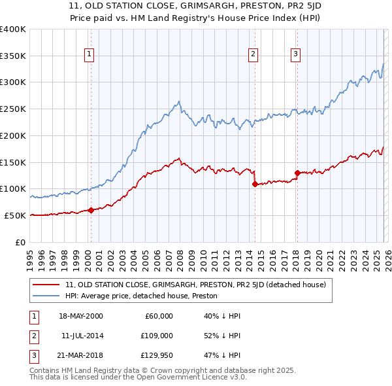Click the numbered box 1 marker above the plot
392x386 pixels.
pyautogui.click(x=89, y=54)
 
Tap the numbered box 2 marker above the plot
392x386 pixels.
pyautogui.click(x=253, y=54)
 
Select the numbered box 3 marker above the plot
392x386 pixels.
pyautogui.click(x=295, y=54)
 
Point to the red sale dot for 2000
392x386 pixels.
pyautogui.click(x=91, y=210)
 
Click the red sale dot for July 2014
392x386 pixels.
pyautogui.click(x=254, y=184)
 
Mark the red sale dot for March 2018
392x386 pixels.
pyautogui.click(x=297, y=173)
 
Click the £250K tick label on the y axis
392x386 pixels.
pyautogui.click(x=13, y=109)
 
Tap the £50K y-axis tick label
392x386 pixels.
pyautogui.click(x=15, y=215)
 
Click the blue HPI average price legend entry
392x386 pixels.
pyautogui.click(x=140, y=296)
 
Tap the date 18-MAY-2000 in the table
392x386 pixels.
pyautogui.click(x=80, y=316)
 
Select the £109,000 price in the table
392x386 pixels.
pyautogui.click(x=157, y=336)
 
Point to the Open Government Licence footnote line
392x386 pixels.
pyautogui.click(x=139, y=377)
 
